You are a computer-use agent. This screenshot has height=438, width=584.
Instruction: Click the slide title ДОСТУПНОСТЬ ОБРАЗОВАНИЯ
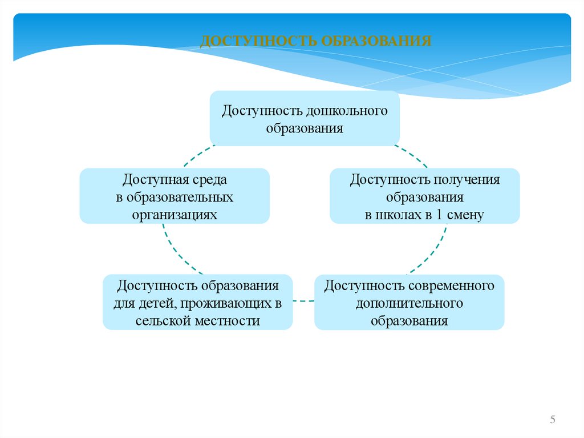(316, 41)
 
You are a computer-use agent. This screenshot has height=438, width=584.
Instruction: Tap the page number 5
(553, 420)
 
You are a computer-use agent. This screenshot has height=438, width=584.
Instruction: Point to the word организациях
(175, 215)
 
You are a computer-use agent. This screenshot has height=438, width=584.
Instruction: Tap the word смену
(467, 215)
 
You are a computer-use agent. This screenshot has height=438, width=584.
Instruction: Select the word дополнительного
(409, 303)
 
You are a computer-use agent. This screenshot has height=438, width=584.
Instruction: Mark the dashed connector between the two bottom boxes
(303, 300)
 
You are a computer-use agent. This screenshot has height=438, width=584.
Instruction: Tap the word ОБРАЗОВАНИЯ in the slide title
(376, 41)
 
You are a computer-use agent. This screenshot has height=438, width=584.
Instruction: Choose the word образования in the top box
(305, 128)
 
